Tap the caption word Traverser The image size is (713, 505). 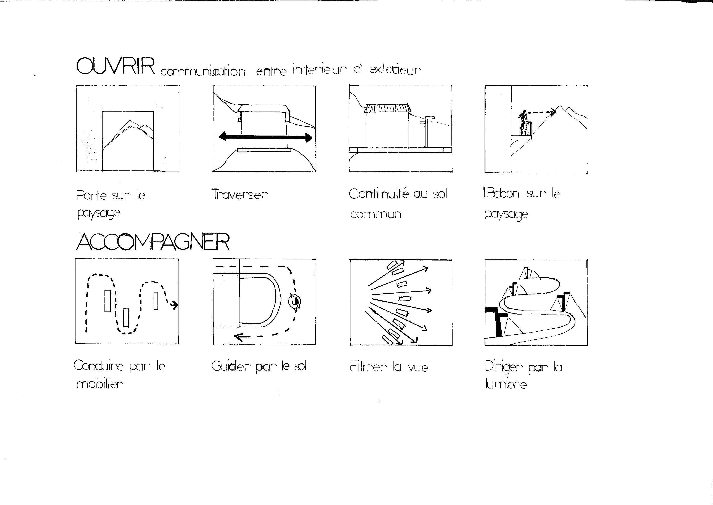239,194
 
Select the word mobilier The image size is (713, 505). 100,384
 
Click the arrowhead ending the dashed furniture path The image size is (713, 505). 175,306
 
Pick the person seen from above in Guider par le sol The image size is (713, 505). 295,301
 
